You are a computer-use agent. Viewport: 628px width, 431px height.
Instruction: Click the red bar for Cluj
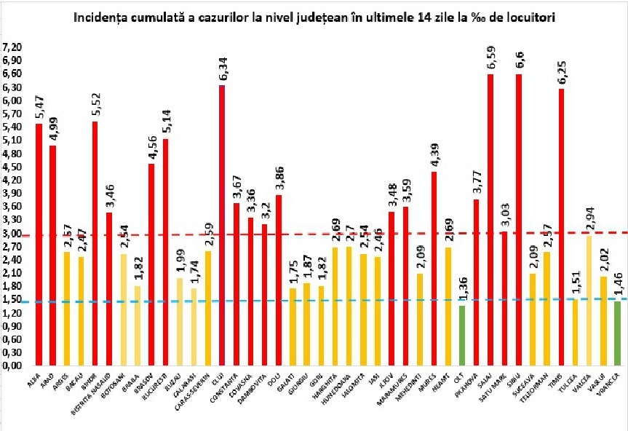coord(222,226)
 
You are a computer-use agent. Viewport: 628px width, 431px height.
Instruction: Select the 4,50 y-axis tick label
coord(13,167)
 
